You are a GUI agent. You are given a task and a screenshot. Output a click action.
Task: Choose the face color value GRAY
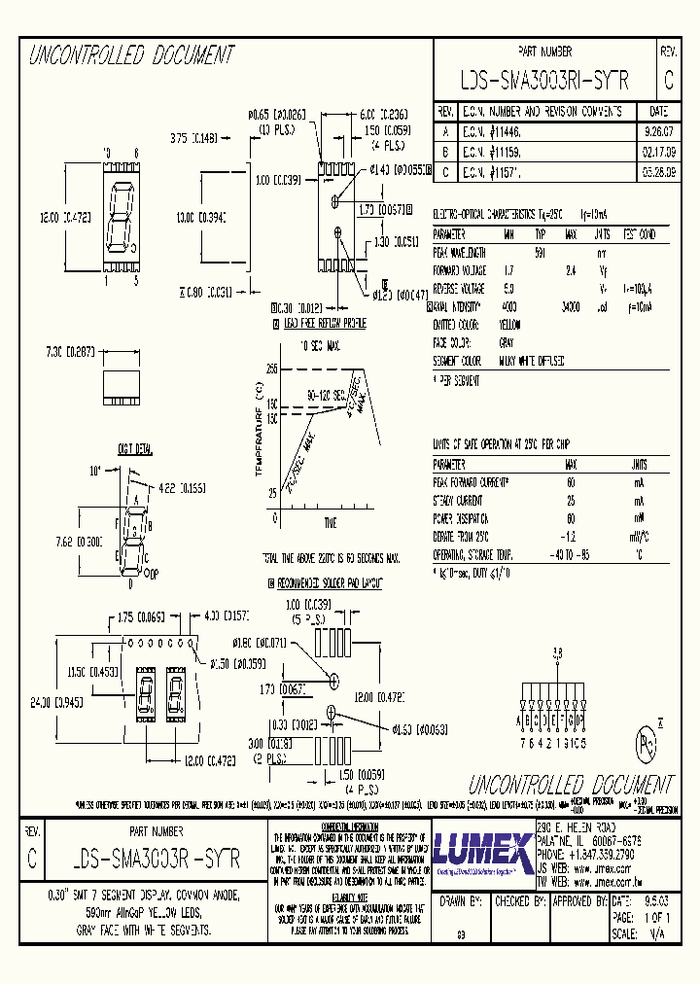pyautogui.click(x=508, y=343)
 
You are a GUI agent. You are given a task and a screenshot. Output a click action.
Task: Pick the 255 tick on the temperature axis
pyautogui.click(x=271, y=369)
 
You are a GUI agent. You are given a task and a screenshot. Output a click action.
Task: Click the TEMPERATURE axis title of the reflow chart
pyautogui.click(x=259, y=433)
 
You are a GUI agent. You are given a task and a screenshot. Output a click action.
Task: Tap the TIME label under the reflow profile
pyautogui.click(x=331, y=523)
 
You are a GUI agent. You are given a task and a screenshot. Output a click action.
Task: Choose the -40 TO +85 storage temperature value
pyautogui.click(x=571, y=554)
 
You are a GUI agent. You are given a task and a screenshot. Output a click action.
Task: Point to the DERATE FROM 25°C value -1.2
pyautogui.click(x=571, y=536)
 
